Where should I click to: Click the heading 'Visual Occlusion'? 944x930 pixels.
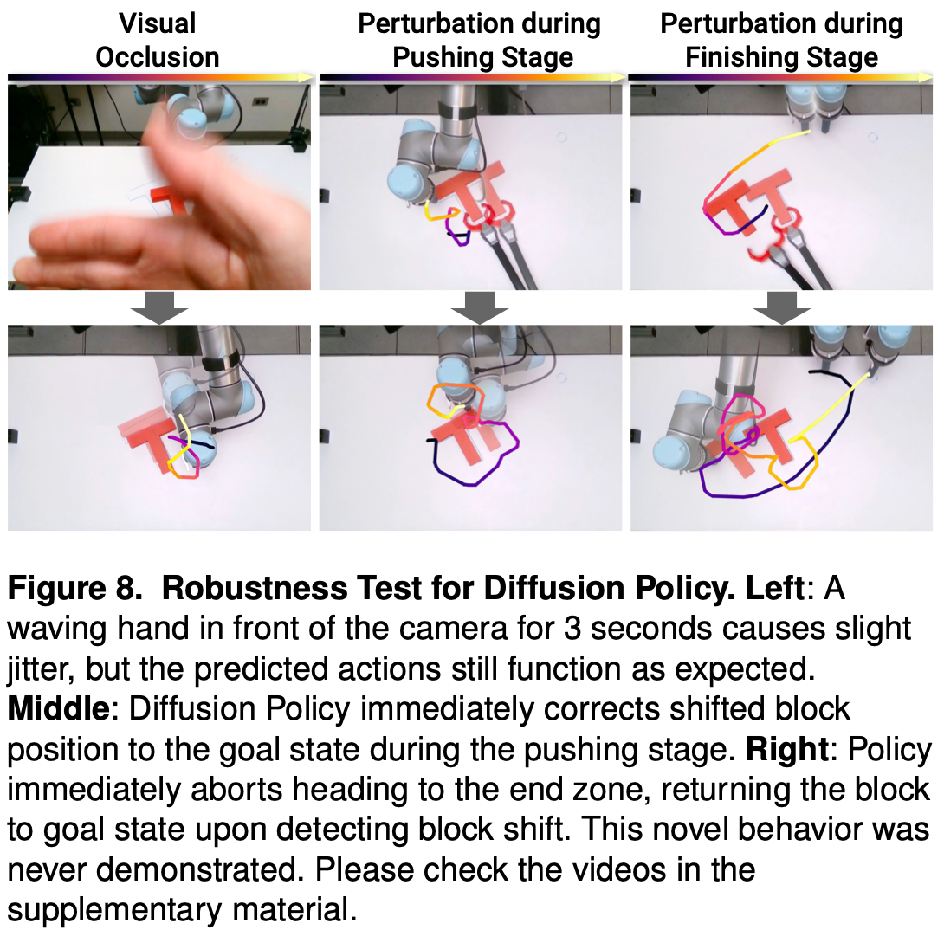(x=158, y=41)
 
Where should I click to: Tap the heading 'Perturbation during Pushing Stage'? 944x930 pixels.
(x=480, y=41)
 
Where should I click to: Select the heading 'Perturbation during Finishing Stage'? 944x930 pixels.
(x=781, y=41)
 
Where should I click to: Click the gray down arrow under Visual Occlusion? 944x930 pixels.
(x=159, y=307)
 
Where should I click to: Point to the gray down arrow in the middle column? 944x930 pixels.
(x=480, y=307)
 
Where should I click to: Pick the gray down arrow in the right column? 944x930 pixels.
(x=781, y=307)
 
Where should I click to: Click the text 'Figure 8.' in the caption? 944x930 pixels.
(x=75, y=589)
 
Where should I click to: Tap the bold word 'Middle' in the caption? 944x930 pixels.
(x=58, y=708)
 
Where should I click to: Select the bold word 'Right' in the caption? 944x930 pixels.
(x=788, y=749)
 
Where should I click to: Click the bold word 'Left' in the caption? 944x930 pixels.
(x=775, y=588)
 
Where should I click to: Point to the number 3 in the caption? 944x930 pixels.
(x=572, y=629)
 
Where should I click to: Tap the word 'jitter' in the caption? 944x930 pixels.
(x=40, y=669)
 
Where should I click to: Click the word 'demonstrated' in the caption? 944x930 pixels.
(x=199, y=869)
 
